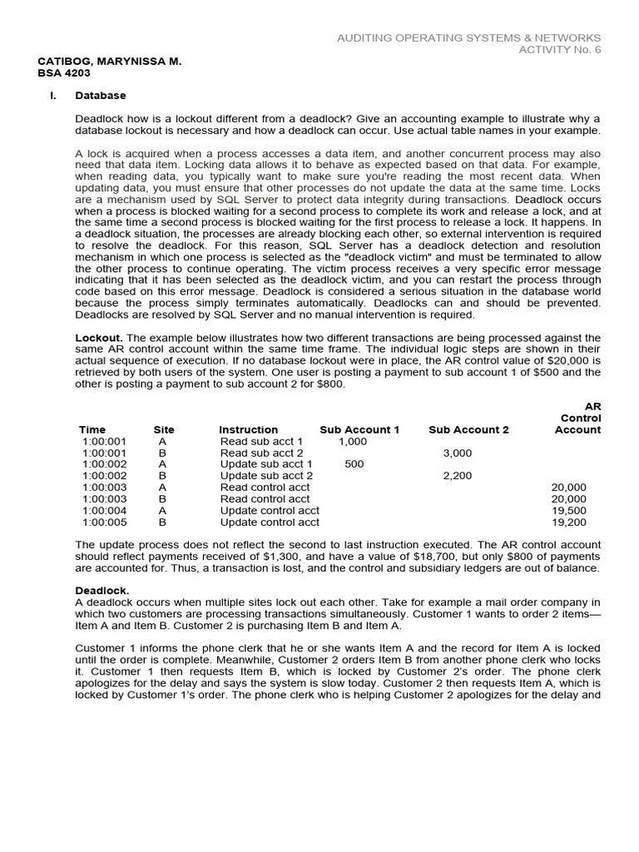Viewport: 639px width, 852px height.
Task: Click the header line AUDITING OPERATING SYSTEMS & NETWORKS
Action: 468,38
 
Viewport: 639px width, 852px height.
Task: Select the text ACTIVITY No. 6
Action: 560,50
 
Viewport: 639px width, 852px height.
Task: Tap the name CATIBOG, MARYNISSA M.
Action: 110,62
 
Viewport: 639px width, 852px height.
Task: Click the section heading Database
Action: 101,96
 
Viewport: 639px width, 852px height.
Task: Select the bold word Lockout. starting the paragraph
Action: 99,338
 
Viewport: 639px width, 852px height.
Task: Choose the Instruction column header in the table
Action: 248,430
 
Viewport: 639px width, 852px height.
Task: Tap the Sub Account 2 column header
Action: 468,430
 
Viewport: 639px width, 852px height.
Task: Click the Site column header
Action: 164,430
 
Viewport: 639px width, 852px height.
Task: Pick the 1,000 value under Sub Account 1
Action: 353,441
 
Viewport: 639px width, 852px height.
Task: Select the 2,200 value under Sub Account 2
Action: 457,476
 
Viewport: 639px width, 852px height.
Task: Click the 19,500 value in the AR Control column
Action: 568,511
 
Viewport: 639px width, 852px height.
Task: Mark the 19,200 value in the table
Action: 568,523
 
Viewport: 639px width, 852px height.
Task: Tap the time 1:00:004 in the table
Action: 105,511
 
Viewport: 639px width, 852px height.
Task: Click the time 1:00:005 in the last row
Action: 105,523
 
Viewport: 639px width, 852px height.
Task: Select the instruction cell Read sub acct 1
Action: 261,441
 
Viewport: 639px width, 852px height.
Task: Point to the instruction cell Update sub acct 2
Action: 266,476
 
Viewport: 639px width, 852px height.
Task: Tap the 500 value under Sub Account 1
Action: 354,464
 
